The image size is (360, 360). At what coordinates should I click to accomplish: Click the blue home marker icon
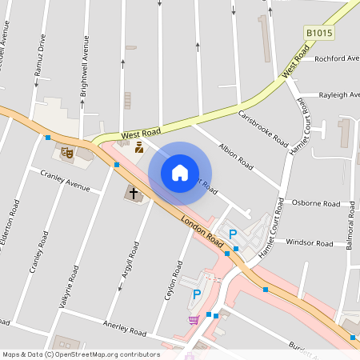180,173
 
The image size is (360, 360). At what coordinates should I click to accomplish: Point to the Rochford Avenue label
337,58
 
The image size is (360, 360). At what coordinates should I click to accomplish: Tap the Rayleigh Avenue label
338,94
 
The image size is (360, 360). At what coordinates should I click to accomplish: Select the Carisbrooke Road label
263,127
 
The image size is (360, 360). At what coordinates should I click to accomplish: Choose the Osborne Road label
314,203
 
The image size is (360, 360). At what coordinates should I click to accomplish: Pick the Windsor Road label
309,242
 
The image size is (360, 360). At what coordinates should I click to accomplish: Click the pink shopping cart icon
194,321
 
